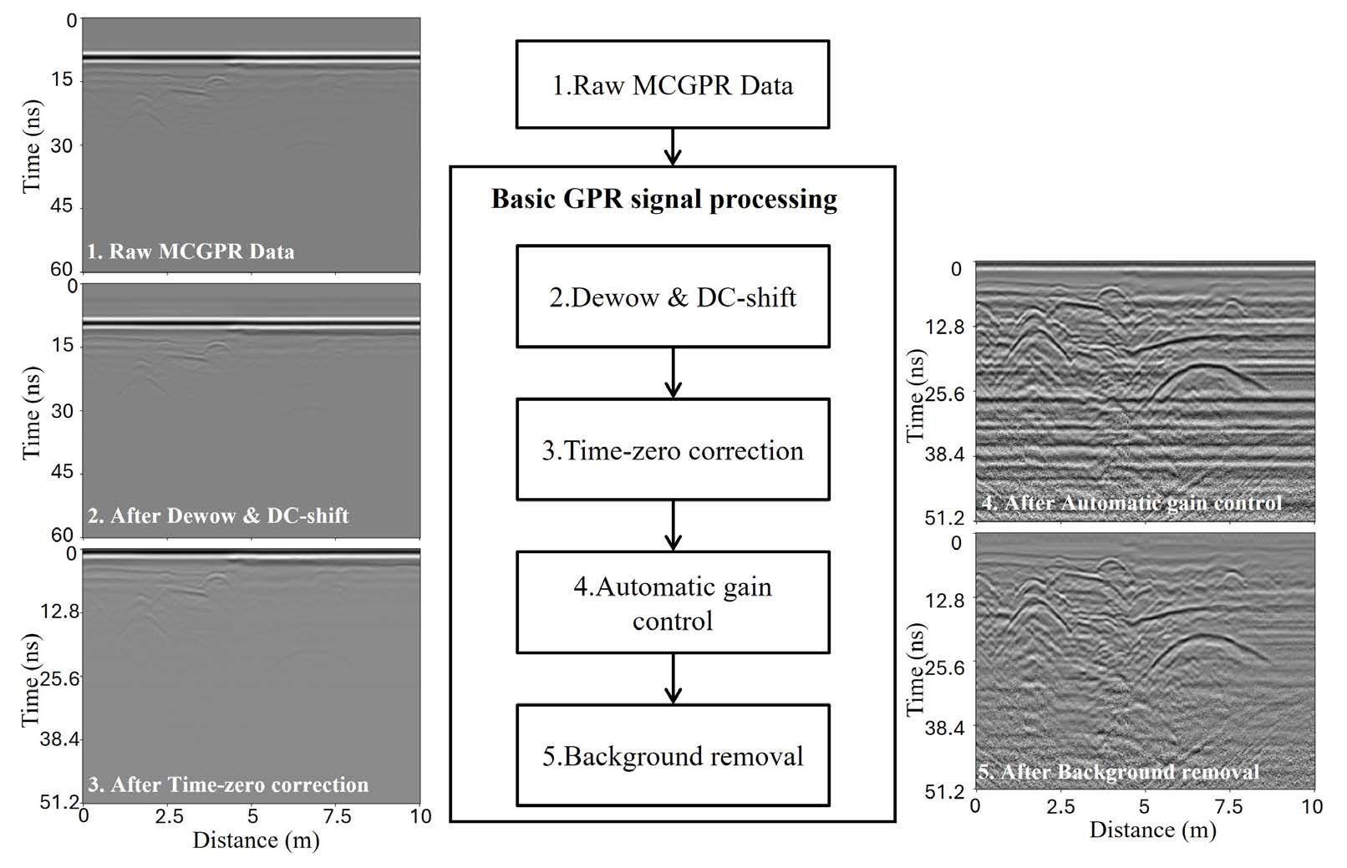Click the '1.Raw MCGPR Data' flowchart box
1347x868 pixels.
(672, 84)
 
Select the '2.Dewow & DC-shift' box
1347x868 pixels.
(672, 297)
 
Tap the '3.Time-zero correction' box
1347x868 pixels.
(672, 449)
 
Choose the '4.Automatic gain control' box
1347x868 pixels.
(672, 602)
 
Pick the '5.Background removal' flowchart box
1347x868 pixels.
(672, 755)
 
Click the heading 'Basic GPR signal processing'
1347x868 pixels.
(664, 199)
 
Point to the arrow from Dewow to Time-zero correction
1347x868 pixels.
(673, 373)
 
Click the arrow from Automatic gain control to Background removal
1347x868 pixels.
(673, 678)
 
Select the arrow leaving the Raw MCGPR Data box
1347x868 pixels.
(673, 147)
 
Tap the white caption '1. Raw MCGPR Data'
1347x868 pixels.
(191, 251)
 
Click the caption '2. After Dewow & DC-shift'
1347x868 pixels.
(218, 515)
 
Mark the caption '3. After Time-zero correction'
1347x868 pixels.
(228, 784)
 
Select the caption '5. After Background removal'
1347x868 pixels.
(1119, 772)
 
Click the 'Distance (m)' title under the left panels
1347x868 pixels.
(256, 840)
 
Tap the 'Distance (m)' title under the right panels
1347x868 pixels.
(1152, 830)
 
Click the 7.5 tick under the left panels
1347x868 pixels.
(338, 816)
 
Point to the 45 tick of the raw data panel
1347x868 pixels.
(64, 206)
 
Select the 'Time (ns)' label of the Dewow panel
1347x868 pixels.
(32, 412)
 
